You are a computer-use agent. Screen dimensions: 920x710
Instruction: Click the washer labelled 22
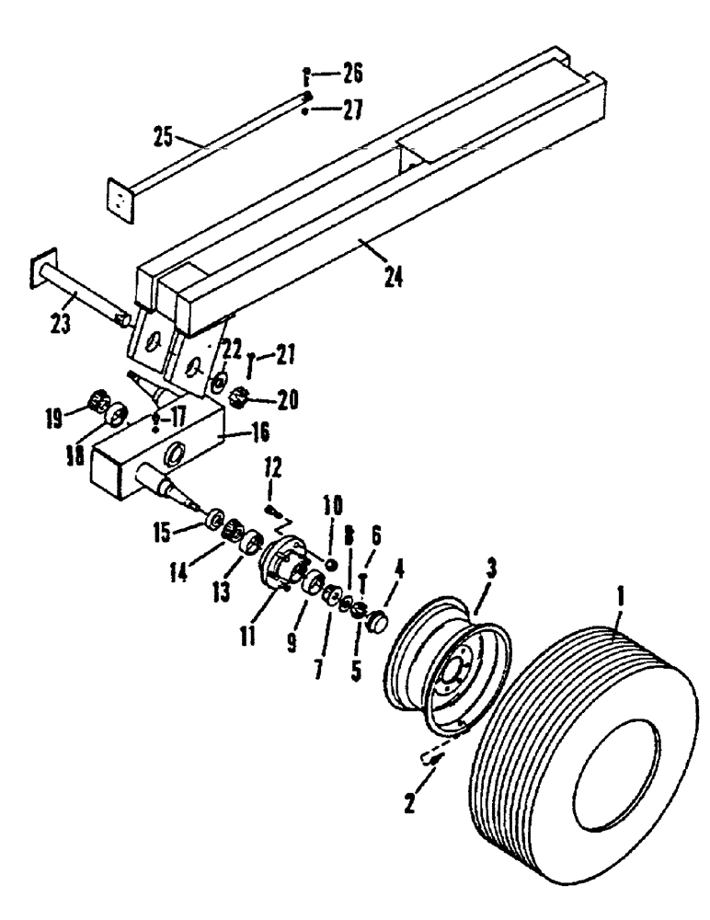[221, 381]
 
